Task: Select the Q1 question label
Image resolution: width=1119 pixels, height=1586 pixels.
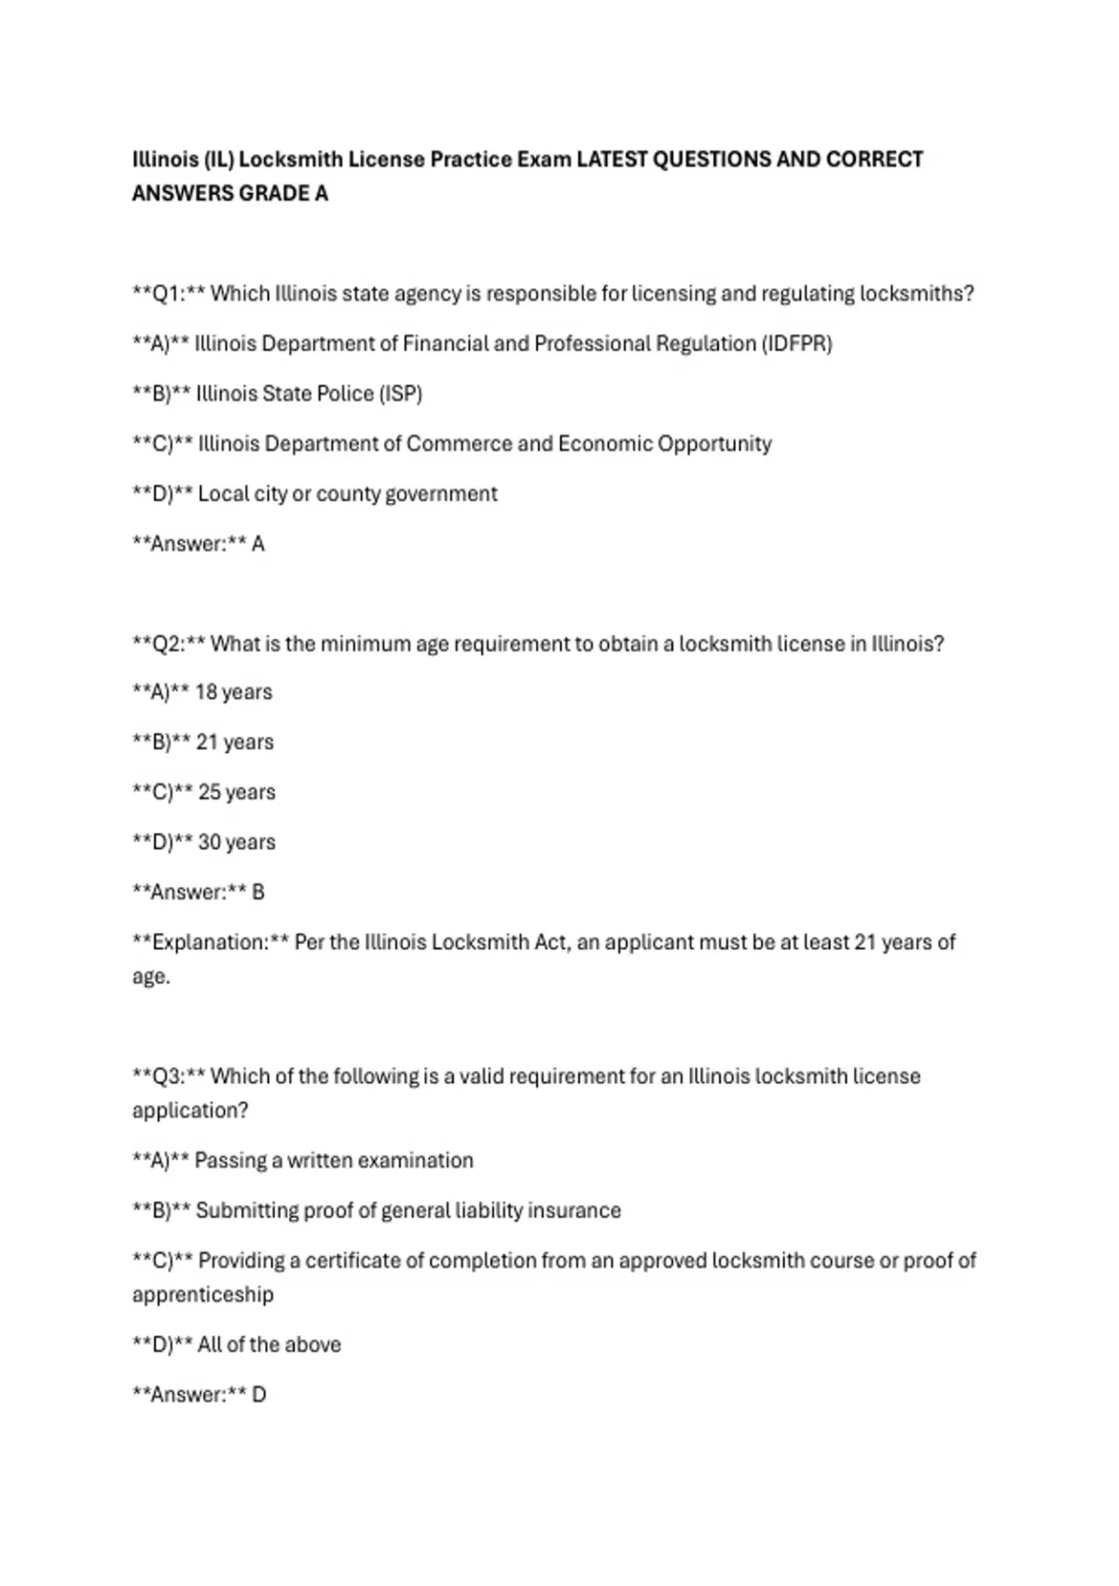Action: click(x=169, y=294)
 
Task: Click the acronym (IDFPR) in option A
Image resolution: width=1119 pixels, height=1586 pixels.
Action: click(x=797, y=344)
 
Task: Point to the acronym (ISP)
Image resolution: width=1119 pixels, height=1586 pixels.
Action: click(x=400, y=394)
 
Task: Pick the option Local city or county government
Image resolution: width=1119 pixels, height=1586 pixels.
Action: click(x=347, y=494)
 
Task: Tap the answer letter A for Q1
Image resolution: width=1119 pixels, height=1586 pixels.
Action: click(x=258, y=544)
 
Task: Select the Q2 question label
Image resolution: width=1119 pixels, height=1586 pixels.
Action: click(x=169, y=644)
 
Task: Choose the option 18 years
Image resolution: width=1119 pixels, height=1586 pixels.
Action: click(x=233, y=692)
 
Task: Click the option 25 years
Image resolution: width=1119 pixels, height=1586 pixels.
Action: click(x=237, y=792)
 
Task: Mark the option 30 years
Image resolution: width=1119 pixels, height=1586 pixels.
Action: click(x=237, y=842)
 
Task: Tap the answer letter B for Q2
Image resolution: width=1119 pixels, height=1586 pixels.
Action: click(x=258, y=893)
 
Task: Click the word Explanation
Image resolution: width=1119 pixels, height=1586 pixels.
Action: click(x=210, y=942)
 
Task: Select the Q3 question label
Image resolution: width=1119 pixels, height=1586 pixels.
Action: click(x=169, y=1077)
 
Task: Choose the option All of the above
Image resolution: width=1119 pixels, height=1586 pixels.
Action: click(x=269, y=1344)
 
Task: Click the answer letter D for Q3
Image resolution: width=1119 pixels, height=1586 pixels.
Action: click(x=259, y=1395)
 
